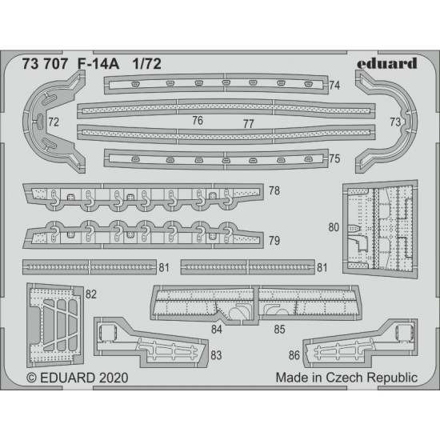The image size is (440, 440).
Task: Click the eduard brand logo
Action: click(x=387, y=63)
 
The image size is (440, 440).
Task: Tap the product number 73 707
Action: click(x=45, y=64)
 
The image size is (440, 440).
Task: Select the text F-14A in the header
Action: click(x=98, y=64)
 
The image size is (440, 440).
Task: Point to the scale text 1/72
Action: click(x=146, y=64)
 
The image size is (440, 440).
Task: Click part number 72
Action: click(x=54, y=122)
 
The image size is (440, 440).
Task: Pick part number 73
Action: click(x=395, y=122)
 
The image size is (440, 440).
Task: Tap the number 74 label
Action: click(x=334, y=86)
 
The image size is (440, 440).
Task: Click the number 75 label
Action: click(x=334, y=159)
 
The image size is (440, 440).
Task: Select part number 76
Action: click(x=198, y=121)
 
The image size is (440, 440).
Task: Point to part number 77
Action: click(x=249, y=124)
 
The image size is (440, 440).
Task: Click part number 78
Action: click(x=274, y=191)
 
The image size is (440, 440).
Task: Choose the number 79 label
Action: click(x=274, y=241)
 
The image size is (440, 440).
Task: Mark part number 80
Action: click(x=334, y=227)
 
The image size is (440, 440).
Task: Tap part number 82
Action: click(x=91, y=294)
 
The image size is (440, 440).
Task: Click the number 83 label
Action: click(x=216, y=355)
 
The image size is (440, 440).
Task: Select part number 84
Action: click(x=217, y=330)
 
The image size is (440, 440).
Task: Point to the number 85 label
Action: click(x=279, y=330)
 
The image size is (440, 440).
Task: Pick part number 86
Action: click(x=294, y=355)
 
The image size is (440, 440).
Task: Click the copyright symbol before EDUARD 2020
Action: click(x=32, y=378)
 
